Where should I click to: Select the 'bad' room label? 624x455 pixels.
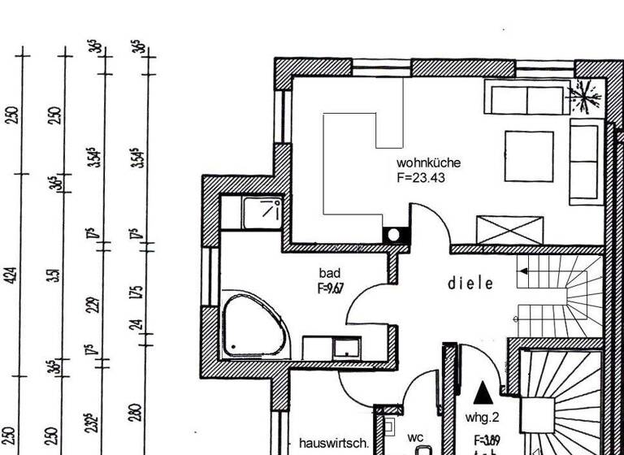coord(330,273)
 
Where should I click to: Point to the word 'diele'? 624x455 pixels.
coord(471,284)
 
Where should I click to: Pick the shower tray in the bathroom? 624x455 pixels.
coord(262,212)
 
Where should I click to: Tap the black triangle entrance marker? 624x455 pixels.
coord(483,392)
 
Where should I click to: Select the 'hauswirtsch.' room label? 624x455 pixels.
coord(334,444)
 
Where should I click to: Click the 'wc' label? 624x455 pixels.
coord(415,437)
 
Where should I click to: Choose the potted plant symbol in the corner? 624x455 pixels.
coord(584,97)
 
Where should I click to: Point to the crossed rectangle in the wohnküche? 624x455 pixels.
coord(509,228)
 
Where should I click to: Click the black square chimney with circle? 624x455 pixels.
coord(394,234)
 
